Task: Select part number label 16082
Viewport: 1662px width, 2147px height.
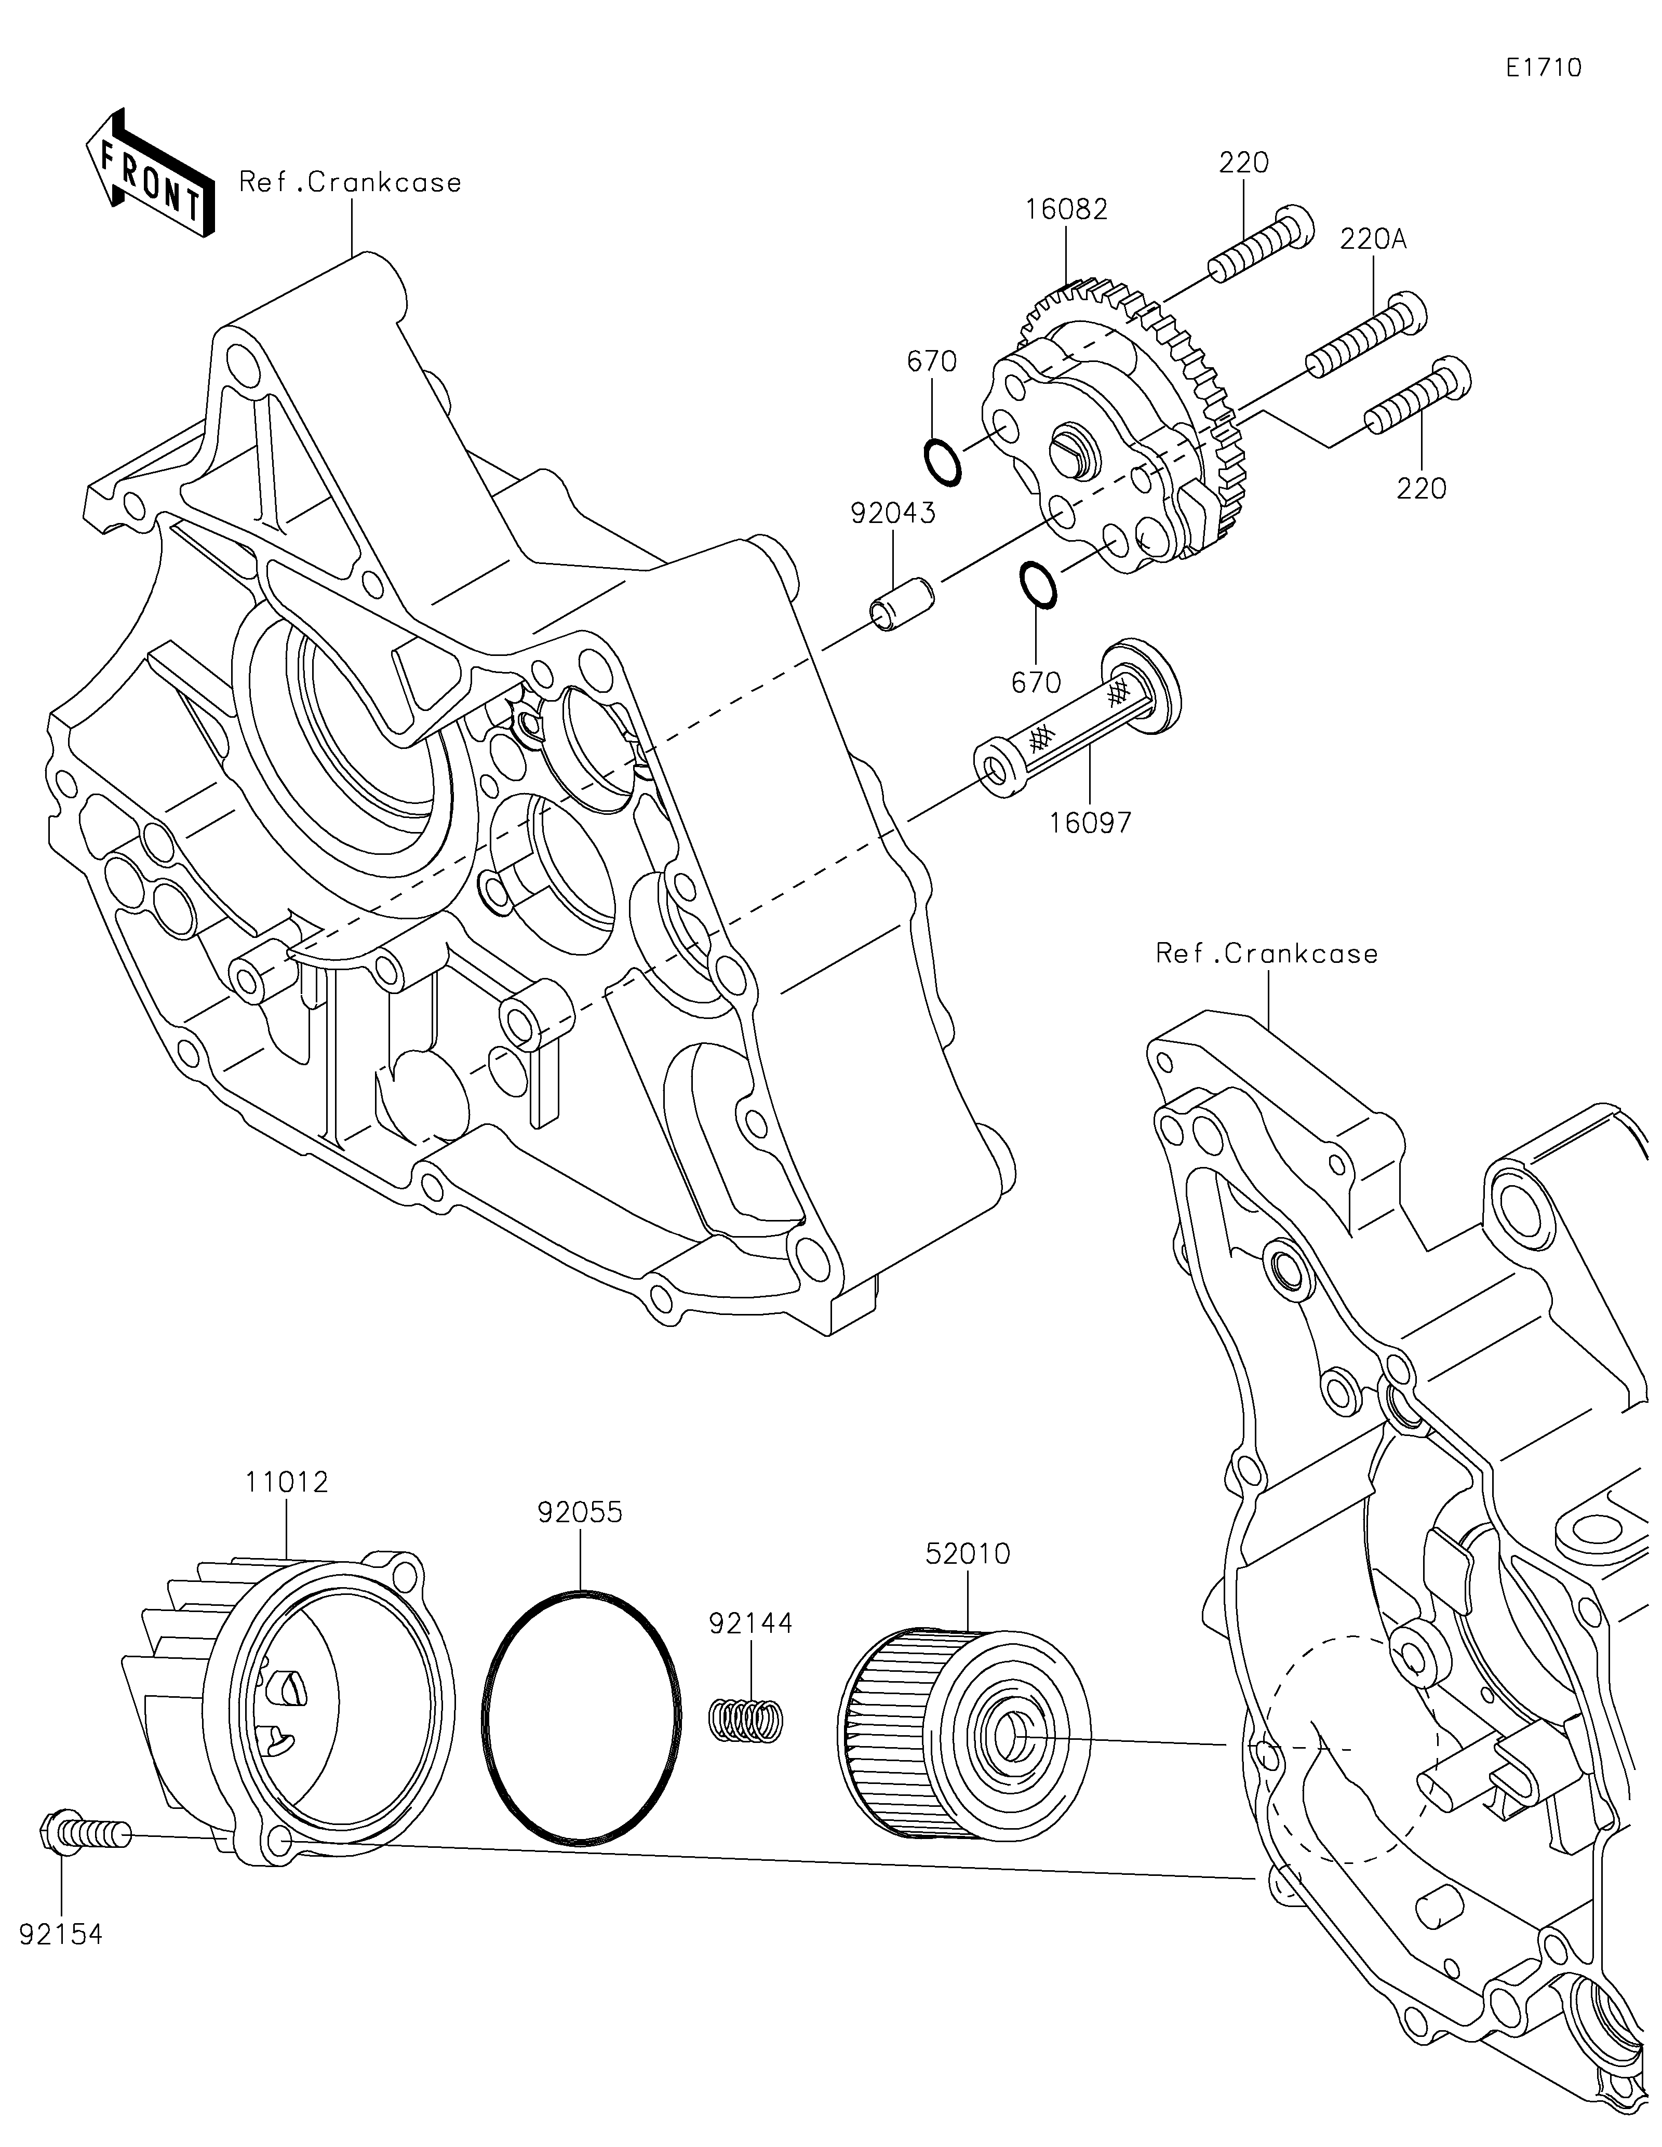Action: pyautogui.click(x=1066, y=209)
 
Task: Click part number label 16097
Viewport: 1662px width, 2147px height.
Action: pyautogui.click(x=1090, y=822)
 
